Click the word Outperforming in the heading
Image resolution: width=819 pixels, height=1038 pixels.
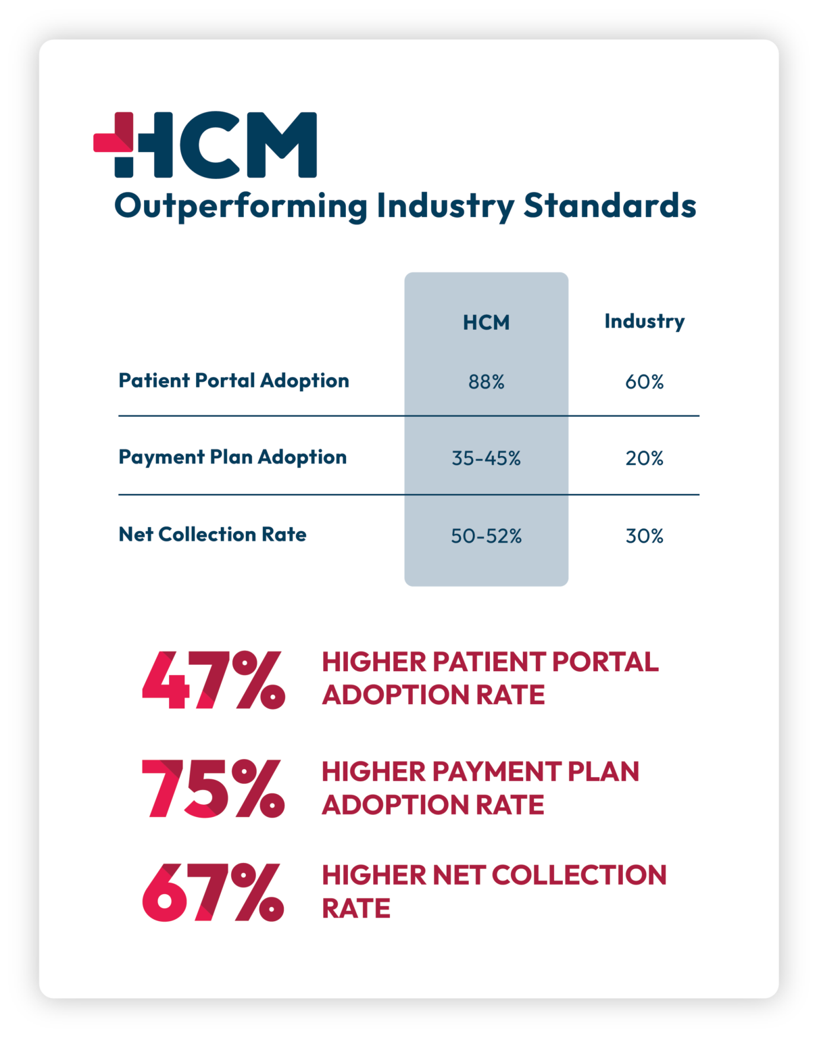[x=241, y=207]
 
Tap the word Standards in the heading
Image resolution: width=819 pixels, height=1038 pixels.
[x=610, y=205]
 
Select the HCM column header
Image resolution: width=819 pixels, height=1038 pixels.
[x=486, y=322]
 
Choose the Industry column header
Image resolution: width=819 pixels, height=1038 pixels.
[x=644, y=321]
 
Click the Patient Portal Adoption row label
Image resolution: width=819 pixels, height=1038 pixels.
[x=234, y=380]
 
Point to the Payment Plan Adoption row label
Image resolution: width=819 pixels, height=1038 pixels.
[x=232, y=457]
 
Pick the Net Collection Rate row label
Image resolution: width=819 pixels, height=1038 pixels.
[x=212, y=534]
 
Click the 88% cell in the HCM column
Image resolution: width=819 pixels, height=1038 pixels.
[x=486, y=382]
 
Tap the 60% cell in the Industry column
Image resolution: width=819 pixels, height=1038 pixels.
[x=644, y=382]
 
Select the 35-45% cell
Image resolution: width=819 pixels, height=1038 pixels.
[x=486, y=458]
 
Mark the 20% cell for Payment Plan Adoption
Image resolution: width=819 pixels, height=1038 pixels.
[x=644, y=458]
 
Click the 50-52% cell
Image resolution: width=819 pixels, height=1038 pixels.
[x=486, y=536]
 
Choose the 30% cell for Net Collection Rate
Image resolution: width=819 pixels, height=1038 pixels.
[x=644, y=536]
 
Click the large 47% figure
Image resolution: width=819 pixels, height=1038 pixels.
[x=214, y=680]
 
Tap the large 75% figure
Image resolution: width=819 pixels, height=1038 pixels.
[x=213, y=789]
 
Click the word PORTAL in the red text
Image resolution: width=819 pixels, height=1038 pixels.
[x=605, y=662]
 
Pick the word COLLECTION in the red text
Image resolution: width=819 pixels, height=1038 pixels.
[x=579, y=875]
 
